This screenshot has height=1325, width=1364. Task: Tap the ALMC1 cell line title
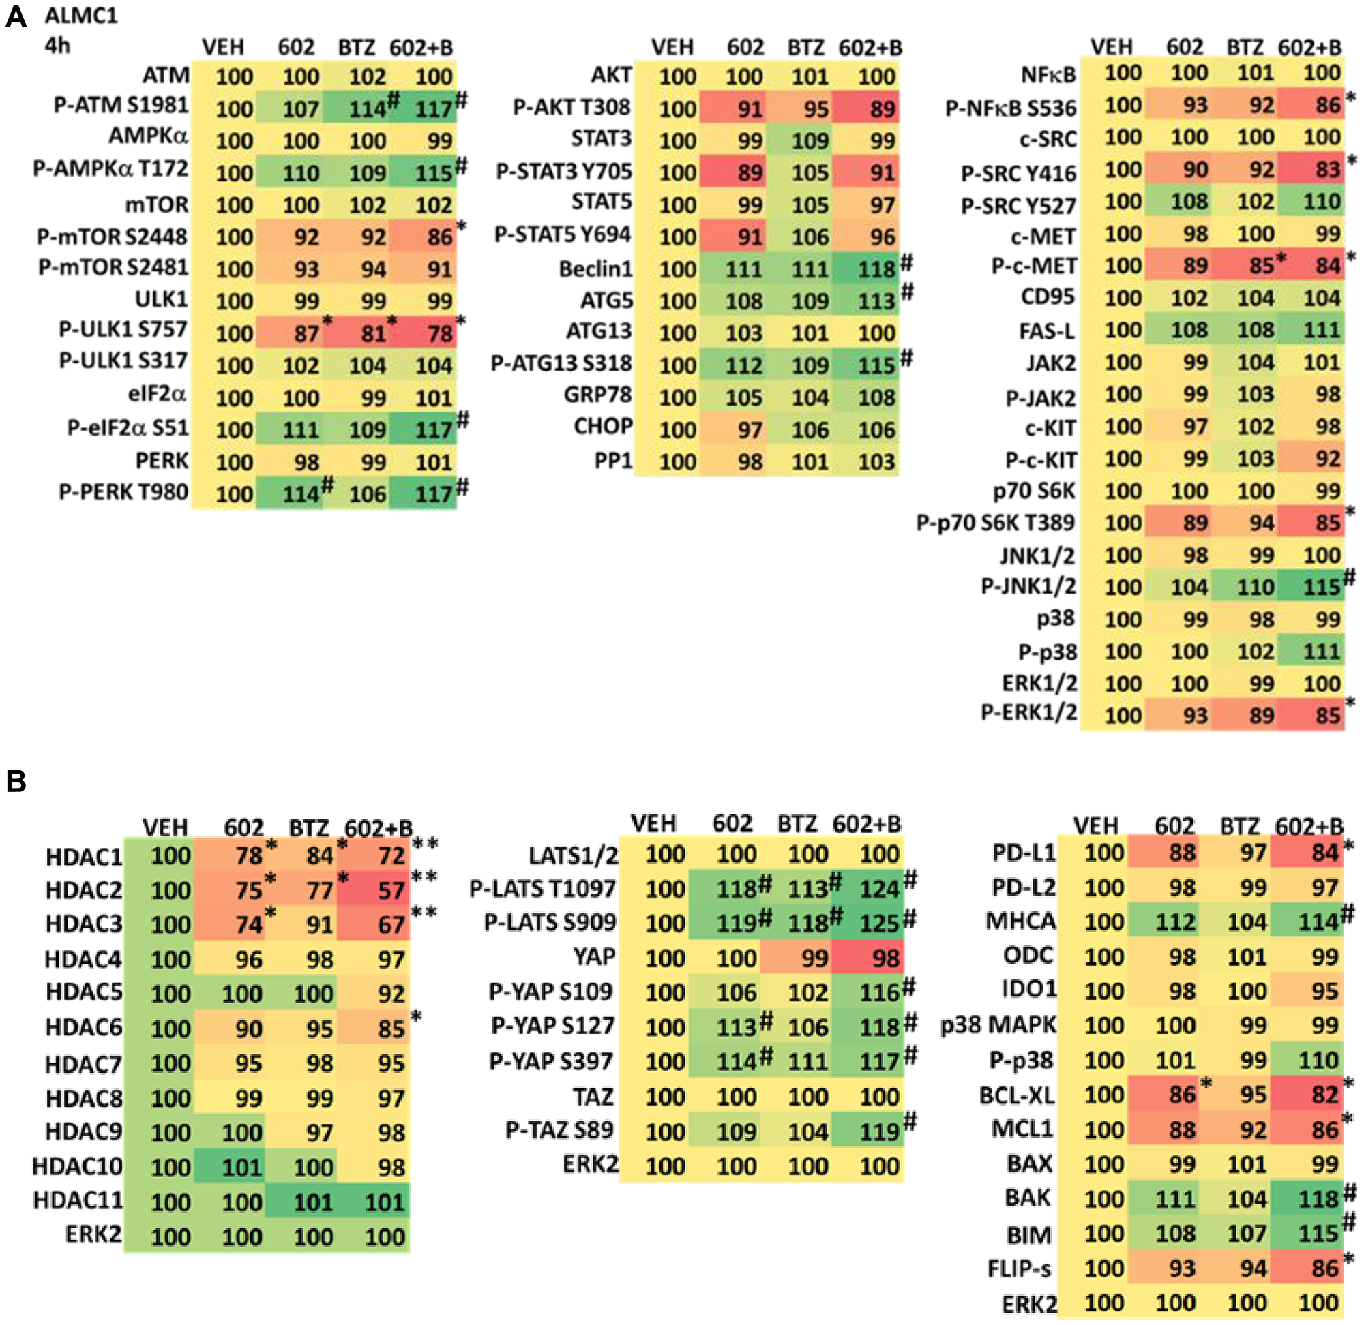point(81,15)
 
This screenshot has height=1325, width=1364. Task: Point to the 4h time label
point(58,46)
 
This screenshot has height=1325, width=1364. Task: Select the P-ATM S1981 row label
point(121,105)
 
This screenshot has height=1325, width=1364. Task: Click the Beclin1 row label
point(595,269)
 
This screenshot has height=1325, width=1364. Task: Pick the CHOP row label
point(603,426)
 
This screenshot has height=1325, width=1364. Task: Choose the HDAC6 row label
point(84,1027)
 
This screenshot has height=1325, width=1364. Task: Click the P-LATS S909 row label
point(550,922)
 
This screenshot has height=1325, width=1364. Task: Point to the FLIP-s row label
point(1020,1268)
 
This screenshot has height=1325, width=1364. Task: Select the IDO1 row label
point(1029,989)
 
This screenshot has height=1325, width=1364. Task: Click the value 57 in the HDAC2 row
point(391,890)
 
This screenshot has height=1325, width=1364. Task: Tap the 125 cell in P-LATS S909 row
point(879,923)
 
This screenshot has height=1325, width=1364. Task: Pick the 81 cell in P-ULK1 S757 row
point(373,333)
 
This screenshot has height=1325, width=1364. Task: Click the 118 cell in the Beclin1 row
point(876,269)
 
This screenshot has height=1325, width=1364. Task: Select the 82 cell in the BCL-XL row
point(1324,1095)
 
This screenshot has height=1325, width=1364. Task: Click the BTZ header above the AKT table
point(805,47)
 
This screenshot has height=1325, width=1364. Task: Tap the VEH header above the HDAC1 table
point(165,827)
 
